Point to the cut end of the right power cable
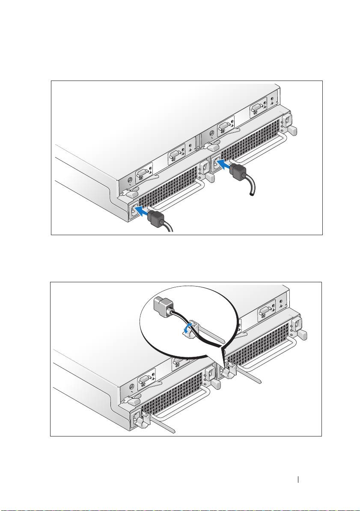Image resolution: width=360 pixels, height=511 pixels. [x=252, y=195]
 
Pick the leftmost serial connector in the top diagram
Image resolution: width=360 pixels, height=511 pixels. [x=142, y=175]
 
